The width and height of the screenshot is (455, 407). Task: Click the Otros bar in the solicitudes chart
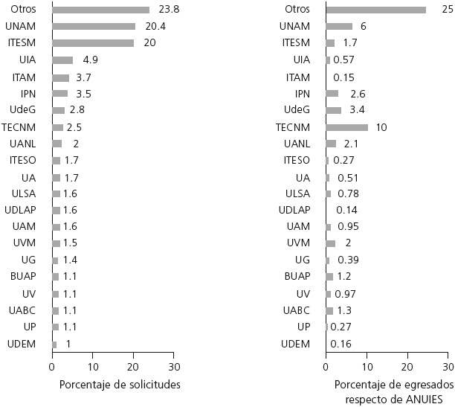click(100, 10)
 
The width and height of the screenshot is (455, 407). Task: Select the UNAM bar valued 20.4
click(94, 26)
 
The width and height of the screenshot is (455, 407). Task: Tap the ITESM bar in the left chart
click(93, 43)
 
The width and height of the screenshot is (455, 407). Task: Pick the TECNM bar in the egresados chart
click(346, 127)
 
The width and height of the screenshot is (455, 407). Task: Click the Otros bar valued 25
click(375, 10)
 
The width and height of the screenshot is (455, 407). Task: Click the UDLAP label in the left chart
click(24, 210)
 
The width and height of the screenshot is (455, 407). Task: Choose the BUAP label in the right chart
click(297, 276)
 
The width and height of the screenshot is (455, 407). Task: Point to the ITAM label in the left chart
click(26, 77)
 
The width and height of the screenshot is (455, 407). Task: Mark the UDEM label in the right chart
click(297, 343)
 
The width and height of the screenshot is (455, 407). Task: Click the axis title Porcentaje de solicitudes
click(120, 385)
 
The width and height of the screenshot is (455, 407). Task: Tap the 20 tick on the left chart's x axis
click(133, 367)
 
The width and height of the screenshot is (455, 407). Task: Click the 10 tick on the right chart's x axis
click(367, 367)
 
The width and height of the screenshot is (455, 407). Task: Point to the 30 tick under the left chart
click(174, 367)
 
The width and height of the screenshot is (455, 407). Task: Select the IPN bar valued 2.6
click(332, 94)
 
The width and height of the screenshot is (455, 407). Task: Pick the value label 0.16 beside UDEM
click(342, 343)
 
